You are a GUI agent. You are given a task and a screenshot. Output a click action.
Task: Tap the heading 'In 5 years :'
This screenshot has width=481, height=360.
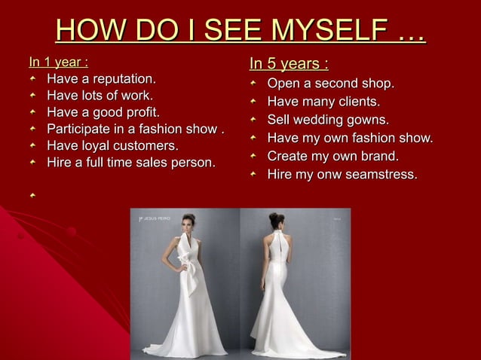pyautogui.click(x=289, y=63)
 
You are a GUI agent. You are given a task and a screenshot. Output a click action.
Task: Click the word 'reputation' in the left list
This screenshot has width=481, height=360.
pyautogui.click(x=121, y=78)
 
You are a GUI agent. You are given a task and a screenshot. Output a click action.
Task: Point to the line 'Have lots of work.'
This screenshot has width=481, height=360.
pyautogui.click(x=100, y=96)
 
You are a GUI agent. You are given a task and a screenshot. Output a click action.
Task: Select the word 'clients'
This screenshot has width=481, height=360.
pyautogui.click(x=356, y=101)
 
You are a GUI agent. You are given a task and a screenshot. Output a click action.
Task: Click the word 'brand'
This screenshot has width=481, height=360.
pyautogui.click(x=379, y=156)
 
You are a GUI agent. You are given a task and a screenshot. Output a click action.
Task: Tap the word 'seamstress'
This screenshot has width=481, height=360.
pyautogui.click(x=385, y=175)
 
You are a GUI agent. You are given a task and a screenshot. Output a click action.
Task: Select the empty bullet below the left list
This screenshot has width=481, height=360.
pyautogui.click(x=32, y=195)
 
